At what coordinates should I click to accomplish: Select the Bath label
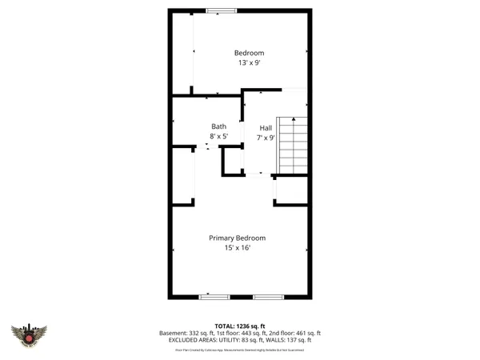point(218,126)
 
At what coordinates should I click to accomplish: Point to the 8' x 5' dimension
point(219,137)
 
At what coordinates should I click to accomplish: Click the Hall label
point(266,128)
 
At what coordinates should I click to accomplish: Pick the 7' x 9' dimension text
point(266,138)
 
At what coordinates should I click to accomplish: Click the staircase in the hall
point(293,146)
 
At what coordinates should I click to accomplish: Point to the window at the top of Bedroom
point(221,10)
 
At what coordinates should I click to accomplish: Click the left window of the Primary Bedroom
point(214,297)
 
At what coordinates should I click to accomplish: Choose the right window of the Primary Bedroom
point(268,297)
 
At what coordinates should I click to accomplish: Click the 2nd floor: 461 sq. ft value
point(294,333)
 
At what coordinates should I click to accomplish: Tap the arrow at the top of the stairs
point(296,120)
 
